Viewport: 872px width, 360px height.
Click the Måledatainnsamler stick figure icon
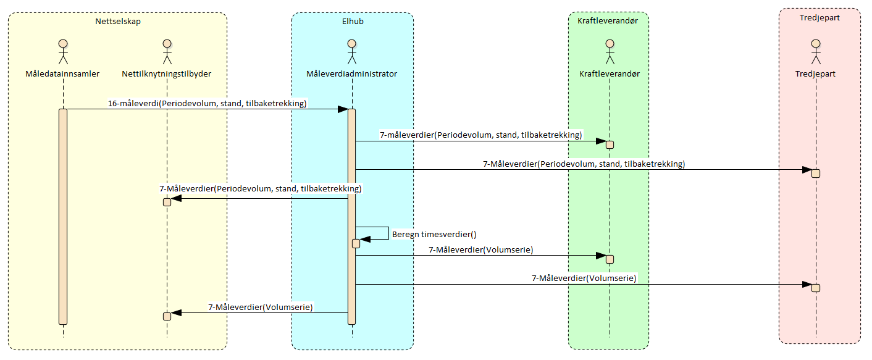(x=62, y=52)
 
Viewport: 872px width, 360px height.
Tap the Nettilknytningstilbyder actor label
(x=167, y=74)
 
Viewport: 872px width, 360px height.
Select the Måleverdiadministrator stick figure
(x=351, y=52)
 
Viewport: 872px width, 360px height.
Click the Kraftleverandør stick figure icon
(x=609, y=52)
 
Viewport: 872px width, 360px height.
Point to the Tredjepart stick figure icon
(x=815, y=52)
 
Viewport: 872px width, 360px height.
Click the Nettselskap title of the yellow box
(x=117, y=22)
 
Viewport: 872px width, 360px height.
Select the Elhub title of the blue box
(x=352, y=22)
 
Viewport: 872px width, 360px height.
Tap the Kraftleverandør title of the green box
(x=608, y=22)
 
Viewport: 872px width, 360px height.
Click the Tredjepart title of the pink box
(x=819, y=18)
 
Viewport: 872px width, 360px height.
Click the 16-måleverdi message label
(x=208, y=103)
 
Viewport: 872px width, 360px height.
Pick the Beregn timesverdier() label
(x=434, y=235)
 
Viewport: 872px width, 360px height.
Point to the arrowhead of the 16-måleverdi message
(x=343, y=109)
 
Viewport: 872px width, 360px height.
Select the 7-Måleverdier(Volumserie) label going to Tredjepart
(x=584, y=278)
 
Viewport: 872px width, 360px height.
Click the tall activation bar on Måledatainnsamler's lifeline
(x=62, y=216)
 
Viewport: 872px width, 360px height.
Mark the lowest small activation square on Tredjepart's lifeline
(x=815, y=288)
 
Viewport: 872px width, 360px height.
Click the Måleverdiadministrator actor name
(x=351, y=74)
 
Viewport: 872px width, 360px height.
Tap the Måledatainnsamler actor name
(x=62, y=74)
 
